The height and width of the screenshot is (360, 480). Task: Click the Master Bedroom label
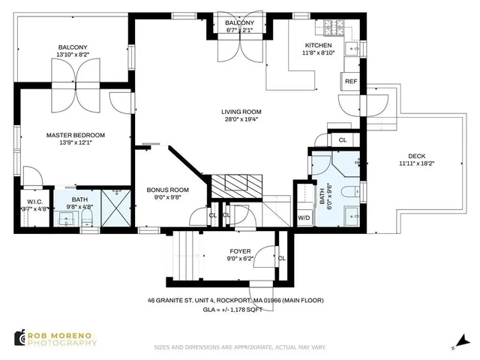(75, 135)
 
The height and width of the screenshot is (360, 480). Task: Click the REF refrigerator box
(350, 82)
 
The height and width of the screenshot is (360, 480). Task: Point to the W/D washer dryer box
(304, 218)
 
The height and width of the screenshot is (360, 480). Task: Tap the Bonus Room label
(166, 190)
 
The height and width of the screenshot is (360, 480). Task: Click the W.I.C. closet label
(34, 201)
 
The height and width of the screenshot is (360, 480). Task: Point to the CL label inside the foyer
(281, 259)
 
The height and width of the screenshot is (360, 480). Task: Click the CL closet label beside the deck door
(343, 140)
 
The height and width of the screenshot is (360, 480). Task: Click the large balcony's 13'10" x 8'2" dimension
(73, 55)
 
